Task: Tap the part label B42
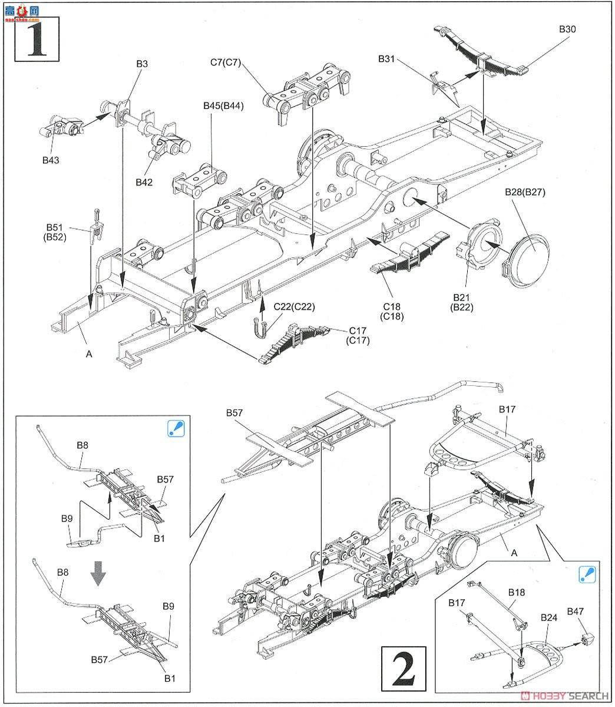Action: pyautogui.click(x=144, y=182)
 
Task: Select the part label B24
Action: pyautogui.click(x=548, y=618)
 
